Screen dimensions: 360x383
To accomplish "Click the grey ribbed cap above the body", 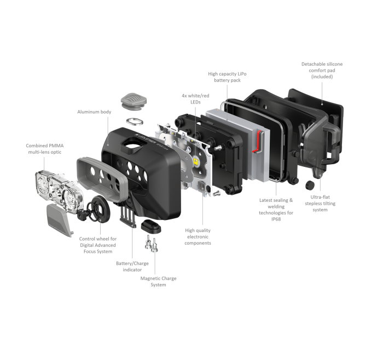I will tap(134, 101).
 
